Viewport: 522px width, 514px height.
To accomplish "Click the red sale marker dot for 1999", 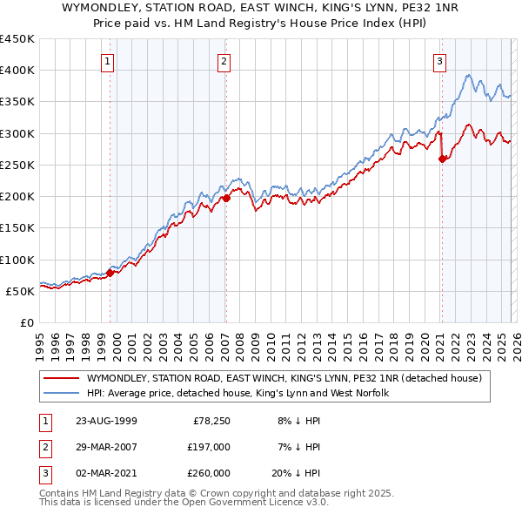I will tap(110, 273).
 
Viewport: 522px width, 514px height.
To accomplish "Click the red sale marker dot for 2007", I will tap(226, 198).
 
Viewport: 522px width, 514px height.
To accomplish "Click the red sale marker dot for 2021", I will tap(442, 159).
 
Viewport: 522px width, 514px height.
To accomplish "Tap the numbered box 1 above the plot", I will tap(107, 61).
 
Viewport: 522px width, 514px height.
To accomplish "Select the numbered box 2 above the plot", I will tap(224, 61).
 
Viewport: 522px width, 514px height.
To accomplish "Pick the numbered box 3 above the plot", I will tap(439, 61).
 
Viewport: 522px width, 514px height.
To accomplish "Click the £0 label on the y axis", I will tap(26, 323).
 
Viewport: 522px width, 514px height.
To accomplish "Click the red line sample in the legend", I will tap(62, 378).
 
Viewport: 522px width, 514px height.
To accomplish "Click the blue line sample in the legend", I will tap(62, 394).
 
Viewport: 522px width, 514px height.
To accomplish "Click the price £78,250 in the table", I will tap(211, 420).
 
